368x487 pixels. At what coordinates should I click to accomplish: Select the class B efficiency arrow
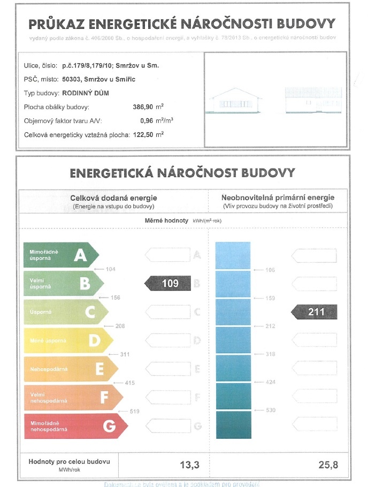pos(63,284)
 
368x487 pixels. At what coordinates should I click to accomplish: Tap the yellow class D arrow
pos(68,340)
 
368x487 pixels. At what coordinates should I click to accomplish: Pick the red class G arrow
pos(75,426)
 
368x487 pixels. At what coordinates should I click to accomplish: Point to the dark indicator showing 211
pos(315,311)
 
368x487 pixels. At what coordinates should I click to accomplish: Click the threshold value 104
pos(111,269)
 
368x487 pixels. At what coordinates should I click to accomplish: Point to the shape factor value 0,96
pos(148,120)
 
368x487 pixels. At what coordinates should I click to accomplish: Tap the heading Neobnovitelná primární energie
pos(278,198)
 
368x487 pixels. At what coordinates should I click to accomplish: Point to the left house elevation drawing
pos(233,102)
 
